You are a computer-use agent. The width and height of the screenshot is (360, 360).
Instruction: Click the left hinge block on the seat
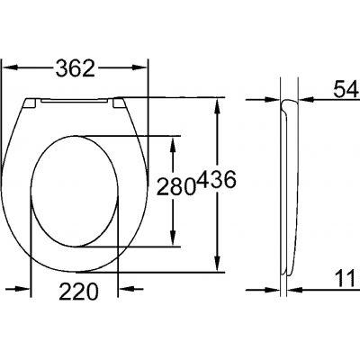[31, 104]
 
